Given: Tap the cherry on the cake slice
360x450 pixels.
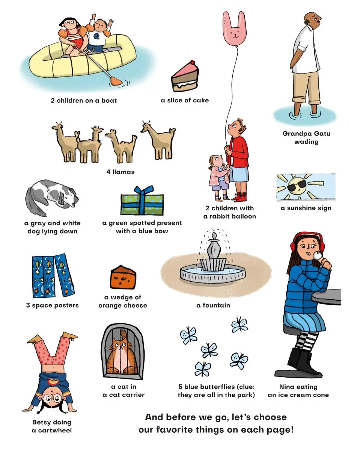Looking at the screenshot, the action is [x=192, y=62].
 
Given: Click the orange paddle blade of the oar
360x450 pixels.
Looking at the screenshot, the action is [x=116, y=81].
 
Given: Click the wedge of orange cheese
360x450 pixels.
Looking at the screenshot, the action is [x=123, y=277].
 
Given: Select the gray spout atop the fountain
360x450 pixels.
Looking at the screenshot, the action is [x=214, y=246].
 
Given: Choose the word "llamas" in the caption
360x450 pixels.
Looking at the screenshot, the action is [x=124, y=172].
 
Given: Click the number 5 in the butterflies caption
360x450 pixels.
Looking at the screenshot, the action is [x=180, y=387].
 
